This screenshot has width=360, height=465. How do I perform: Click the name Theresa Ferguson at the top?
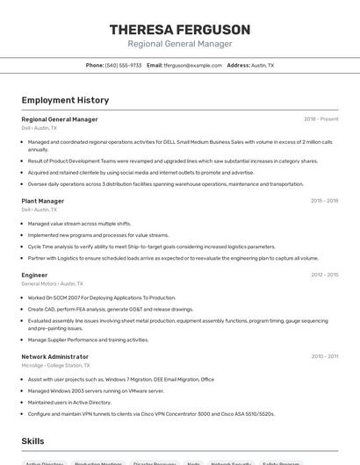point(179,29)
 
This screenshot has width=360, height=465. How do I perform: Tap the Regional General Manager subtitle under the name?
point(179,44)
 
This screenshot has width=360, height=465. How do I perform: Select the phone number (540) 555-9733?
point(123,65)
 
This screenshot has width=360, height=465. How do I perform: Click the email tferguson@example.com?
point(193,65)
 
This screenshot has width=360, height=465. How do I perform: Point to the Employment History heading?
point(65,100)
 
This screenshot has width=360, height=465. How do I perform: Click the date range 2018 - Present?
point(320,118)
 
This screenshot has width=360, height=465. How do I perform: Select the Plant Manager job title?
point(43,201)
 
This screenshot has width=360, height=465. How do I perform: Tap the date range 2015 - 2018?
point(324,201)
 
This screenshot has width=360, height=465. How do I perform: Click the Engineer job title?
point(35,275)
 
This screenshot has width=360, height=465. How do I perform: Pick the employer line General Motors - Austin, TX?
point(53,283)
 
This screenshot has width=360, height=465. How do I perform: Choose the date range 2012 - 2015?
point(324,275)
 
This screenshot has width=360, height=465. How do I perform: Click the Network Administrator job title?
point(55,356)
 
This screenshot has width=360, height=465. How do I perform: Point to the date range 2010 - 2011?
point(325,356)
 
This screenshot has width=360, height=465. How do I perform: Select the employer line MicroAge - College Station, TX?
point(57,365)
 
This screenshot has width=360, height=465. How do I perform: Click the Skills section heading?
point(33,440)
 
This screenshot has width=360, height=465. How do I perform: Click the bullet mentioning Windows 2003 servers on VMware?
point(96,390)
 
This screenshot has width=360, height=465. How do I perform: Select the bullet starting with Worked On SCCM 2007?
point(102,297)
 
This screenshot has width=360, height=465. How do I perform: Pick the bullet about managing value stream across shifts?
point(79,224)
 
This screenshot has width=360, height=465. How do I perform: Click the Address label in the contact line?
point(238,65)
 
